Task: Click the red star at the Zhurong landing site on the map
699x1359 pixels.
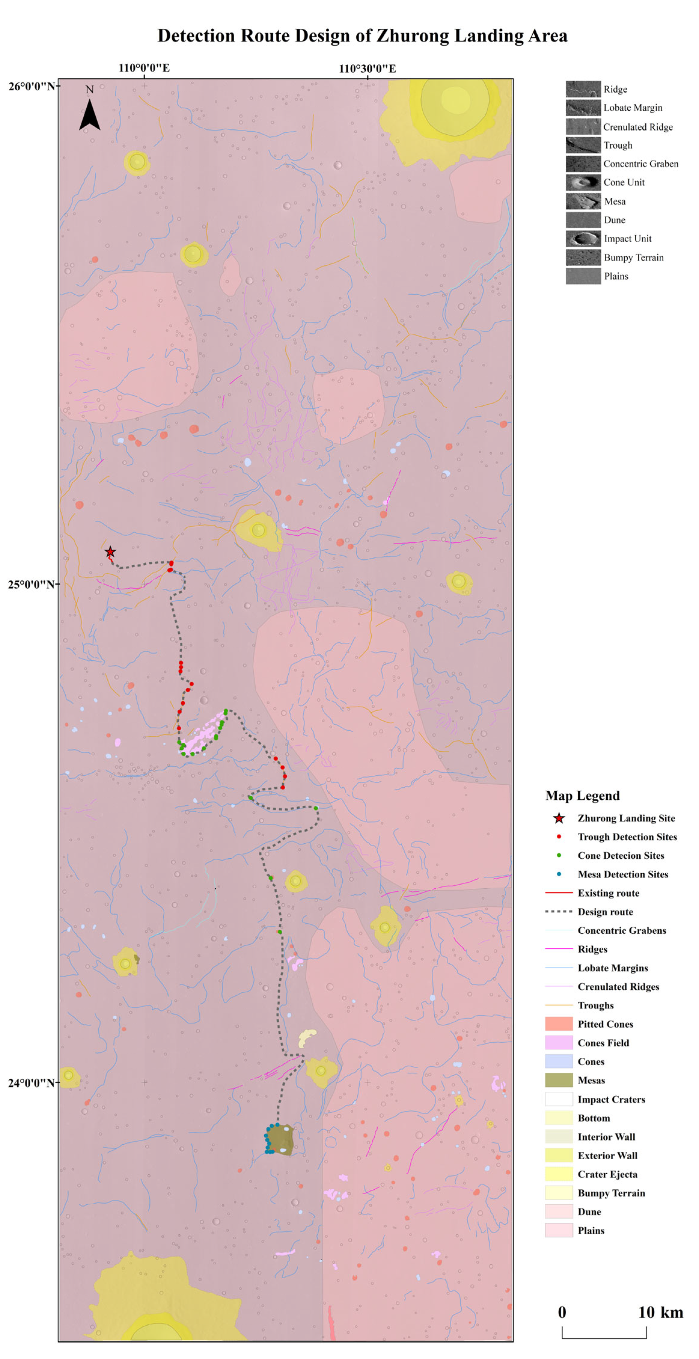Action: pos(110,552)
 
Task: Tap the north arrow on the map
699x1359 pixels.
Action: pos(90,114)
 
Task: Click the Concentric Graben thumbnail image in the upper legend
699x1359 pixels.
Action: pos(583,164)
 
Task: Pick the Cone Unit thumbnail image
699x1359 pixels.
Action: pos(583,182)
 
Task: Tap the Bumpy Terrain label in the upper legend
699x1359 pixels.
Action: pos(634,258)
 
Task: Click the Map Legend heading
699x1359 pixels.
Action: pos(582,795)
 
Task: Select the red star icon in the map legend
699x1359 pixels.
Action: pos(559,818)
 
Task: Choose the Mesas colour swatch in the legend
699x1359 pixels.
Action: pos(559,1080)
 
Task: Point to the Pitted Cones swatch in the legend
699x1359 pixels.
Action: pos(559,1024)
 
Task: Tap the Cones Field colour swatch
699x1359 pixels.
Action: pos(559,1042)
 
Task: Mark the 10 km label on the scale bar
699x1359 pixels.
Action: pos(661,1313)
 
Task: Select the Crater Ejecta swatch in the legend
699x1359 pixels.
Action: pos(559,1174)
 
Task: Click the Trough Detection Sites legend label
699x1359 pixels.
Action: pos(627,837)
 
